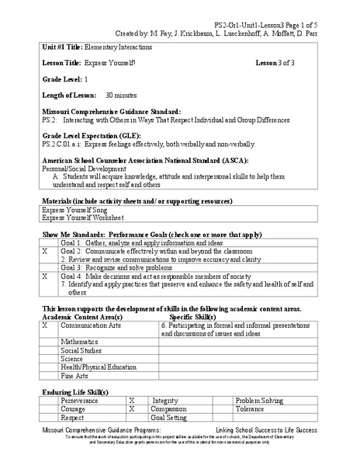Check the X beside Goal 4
[45, 276]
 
